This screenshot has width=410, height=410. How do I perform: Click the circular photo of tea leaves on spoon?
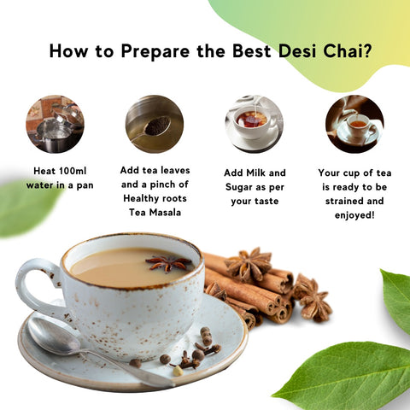coord(154,123)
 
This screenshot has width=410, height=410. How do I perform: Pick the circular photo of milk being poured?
coord(254,123)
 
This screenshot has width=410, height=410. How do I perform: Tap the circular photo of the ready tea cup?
coord(354,123)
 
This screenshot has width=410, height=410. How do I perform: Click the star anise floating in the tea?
coord(168,263)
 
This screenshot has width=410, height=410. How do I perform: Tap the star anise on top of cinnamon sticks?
coord(249,266)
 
